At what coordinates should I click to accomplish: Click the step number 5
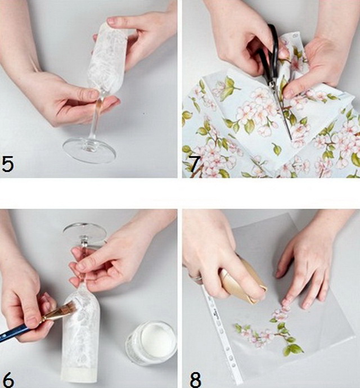7,163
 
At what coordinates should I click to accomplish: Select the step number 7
195,164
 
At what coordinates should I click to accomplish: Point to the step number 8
195,379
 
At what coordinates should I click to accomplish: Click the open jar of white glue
151,342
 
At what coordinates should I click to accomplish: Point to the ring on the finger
196,277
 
